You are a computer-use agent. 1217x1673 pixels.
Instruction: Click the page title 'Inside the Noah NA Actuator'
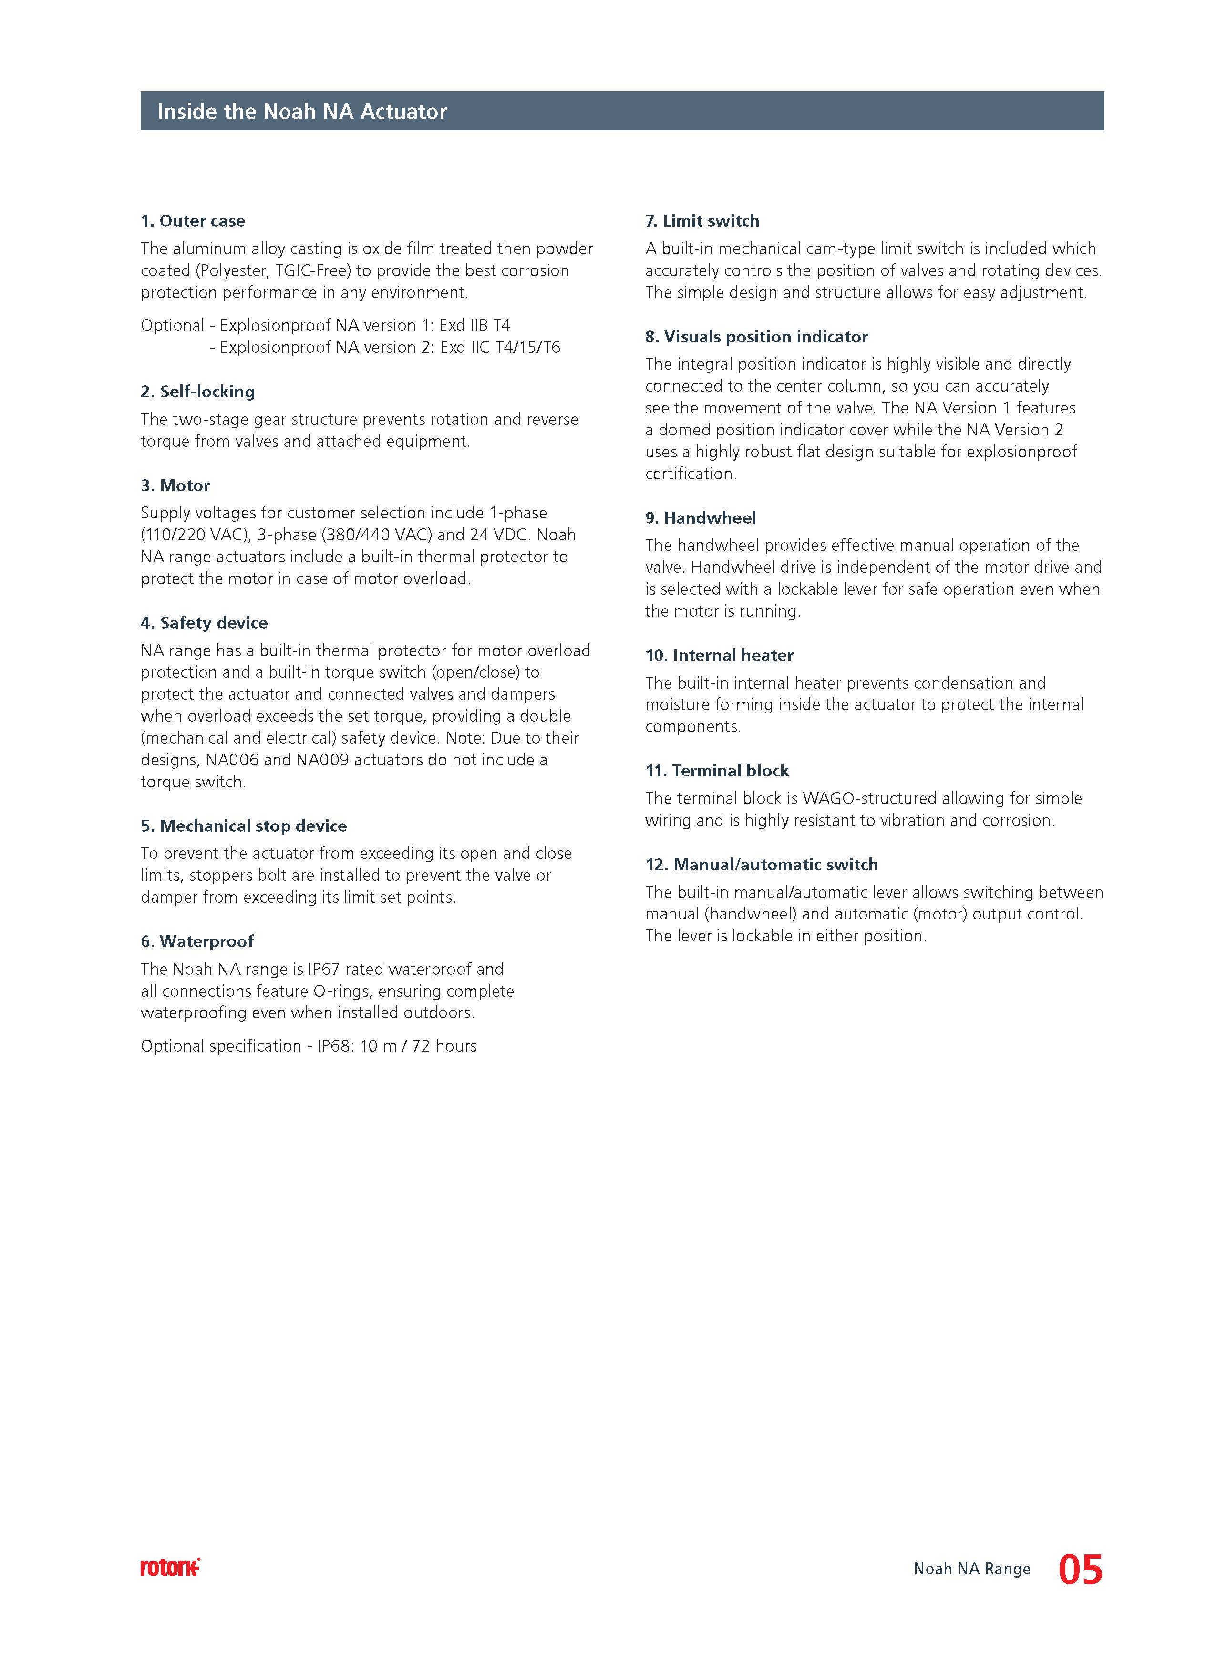(x=302, y=112)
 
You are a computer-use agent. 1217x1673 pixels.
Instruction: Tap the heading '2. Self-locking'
(x=198, y=391)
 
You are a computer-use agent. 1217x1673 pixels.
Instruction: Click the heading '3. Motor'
(x=175, y=485)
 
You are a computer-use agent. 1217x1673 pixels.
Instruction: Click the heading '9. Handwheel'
(x=700, y=518)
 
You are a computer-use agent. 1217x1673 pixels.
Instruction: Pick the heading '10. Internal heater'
(x=719, y=655)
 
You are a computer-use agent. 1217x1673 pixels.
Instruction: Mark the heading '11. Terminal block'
(x=716, y=771)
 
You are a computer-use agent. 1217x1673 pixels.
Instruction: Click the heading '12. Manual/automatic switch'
(x=761, y=865)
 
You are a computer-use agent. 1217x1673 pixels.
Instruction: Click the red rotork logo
(x=170, y=1568)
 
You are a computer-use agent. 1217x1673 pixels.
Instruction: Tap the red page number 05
(x=1081, y=1570)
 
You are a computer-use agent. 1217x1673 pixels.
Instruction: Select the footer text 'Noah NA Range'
(x=971, y=1569)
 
